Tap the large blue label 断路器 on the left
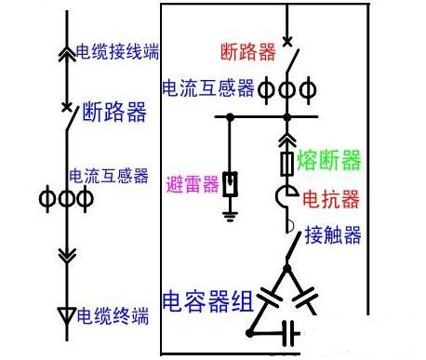click(114, 113)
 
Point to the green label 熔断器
click(329, 162)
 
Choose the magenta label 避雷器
click(193, 184)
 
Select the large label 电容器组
click(207, 301)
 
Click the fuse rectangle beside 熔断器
click(287, 165)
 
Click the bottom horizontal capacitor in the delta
click(288, 331)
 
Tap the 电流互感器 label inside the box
click(208, 88)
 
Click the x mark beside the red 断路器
click(287, 41)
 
